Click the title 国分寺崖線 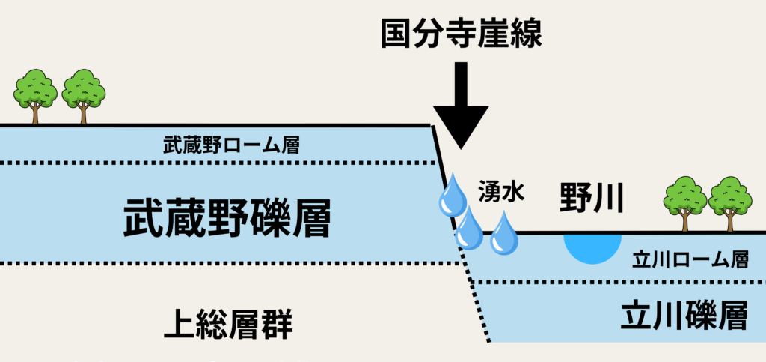coord(459,32)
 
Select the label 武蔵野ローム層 coord(231,145)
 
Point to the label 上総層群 coord(227,326)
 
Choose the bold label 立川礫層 coord(684,318)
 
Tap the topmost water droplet coord(452,197)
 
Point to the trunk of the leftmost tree coord(35,115)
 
